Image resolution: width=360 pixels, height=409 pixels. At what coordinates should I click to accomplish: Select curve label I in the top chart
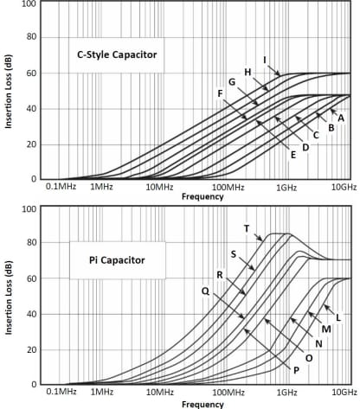pos(264,60)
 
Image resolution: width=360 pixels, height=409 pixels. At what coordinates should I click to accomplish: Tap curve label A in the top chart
pos(341,117)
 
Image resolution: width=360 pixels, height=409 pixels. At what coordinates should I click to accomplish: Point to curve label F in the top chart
pos(220,93)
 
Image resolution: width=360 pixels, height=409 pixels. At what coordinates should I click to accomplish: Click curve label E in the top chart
pos(293,154)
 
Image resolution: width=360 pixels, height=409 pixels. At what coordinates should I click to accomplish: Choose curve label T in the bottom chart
pos(247,228)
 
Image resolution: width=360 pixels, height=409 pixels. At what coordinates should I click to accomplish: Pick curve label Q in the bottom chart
pos(204,291)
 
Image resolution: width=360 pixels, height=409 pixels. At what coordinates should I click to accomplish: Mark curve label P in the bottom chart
pos(296,369)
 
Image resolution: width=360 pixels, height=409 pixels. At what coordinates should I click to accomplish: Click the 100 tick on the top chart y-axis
pos(29,4)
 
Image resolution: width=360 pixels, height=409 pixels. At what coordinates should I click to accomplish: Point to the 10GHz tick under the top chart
pos(344,188)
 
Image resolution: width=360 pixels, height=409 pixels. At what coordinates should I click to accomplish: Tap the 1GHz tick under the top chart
pos(286,188)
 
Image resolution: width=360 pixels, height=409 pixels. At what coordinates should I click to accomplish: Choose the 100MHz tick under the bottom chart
pos(226,393)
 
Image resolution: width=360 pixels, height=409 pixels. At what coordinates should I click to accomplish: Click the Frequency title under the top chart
pos(202,197)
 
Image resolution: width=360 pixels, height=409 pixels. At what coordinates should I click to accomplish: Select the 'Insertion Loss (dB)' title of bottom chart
pos(8,296)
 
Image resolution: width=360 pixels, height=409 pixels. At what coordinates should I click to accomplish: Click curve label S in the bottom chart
pos(233,253)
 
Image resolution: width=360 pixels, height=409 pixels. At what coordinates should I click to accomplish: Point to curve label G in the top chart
pos(232,81)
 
